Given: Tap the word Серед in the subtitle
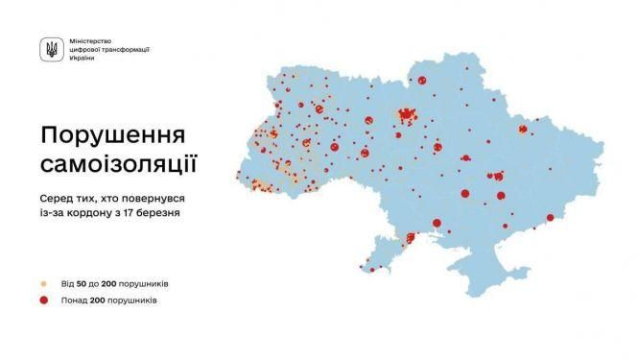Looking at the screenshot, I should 57,195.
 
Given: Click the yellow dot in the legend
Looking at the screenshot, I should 42,284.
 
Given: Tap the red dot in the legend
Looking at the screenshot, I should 42,300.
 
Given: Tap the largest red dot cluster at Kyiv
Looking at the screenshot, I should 406,116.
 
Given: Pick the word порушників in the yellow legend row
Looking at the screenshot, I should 143,284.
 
